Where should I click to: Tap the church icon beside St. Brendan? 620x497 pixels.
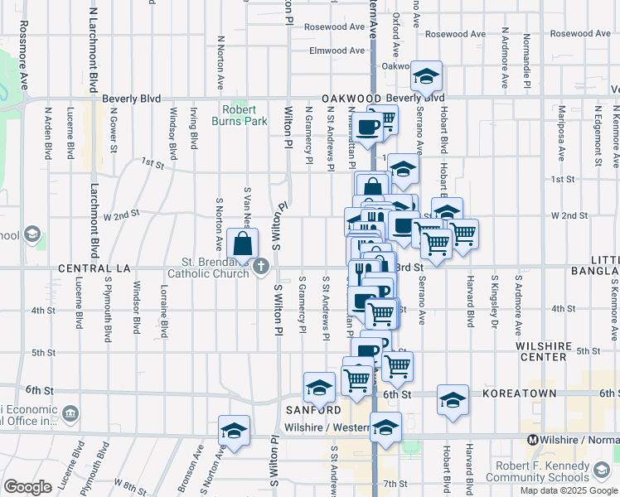262,266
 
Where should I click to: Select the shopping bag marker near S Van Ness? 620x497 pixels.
243,244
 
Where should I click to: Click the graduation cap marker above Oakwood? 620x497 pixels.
426,77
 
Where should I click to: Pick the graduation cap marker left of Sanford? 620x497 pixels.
319,386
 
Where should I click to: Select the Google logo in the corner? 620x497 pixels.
27,486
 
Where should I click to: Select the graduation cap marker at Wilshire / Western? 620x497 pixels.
385,428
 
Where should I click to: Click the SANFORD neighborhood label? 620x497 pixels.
314,410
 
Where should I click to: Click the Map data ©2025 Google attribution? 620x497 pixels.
568,490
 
